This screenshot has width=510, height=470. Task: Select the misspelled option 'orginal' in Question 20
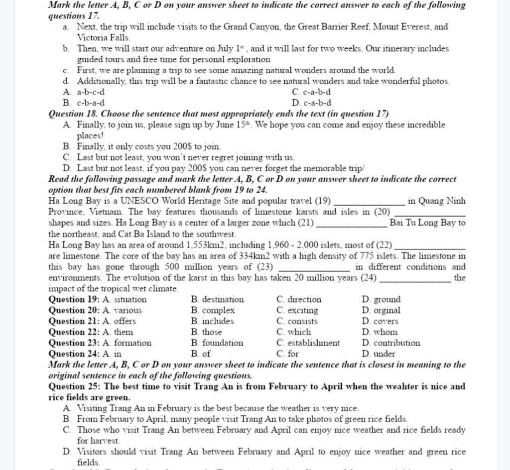tap(386, 311)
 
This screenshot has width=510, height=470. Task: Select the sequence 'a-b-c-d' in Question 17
tap(91, 92)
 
